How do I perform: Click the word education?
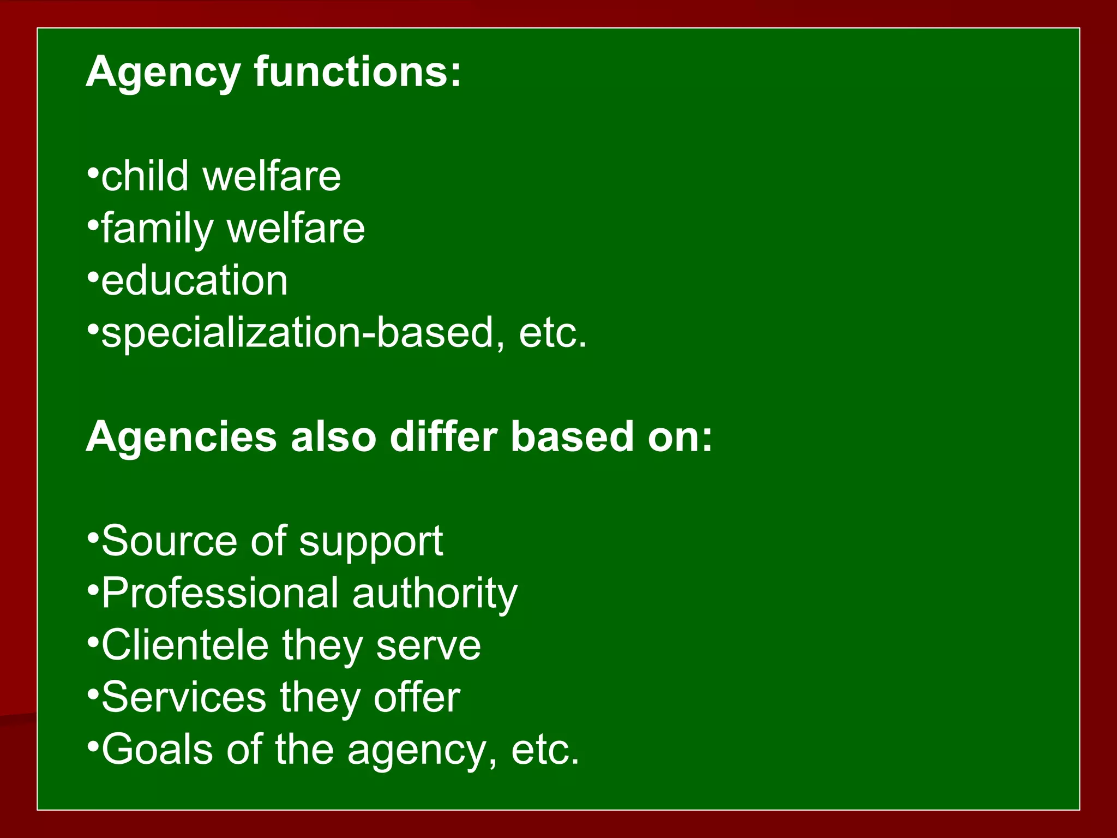[195, 280]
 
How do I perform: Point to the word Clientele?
[185, 645]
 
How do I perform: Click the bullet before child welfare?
[93, 174]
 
